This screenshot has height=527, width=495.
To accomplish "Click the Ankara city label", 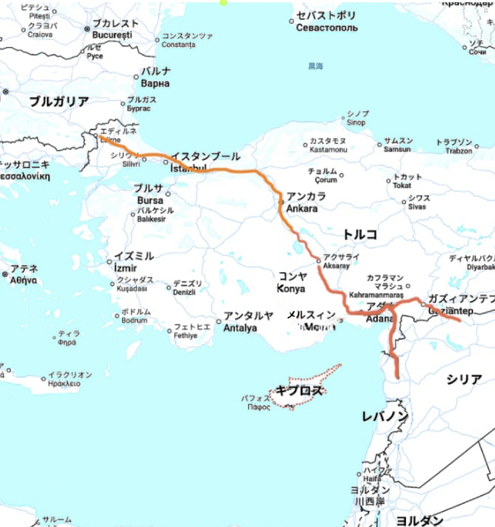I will (302, 208).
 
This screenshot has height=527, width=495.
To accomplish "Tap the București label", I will (112, 35).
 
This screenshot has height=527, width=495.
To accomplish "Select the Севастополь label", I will (327, 28).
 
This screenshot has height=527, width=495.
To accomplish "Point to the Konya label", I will (291, 288).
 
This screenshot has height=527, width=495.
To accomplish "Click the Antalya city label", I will (240, 328).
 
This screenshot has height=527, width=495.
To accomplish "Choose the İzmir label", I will (125, 268).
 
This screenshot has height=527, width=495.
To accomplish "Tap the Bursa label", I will (150, 200).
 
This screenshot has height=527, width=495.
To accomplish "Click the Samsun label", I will (397, 149).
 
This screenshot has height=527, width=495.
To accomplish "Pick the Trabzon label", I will (459, 151).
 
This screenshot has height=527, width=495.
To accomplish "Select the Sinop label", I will (356, 122).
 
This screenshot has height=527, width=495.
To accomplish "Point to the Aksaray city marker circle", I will (319, 261).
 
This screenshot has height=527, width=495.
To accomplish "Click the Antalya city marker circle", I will (219, 321).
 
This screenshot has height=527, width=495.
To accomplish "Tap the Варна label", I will (155, 83).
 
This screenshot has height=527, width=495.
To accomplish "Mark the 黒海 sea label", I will (316, 66).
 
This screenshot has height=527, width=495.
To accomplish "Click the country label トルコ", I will (360, 235).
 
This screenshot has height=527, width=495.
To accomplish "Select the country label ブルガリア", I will (59, 101).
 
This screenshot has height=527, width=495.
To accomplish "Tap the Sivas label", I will (417, 207).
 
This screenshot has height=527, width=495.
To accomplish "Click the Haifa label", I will (372, 479).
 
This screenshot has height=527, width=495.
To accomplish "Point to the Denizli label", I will (184, 292).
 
